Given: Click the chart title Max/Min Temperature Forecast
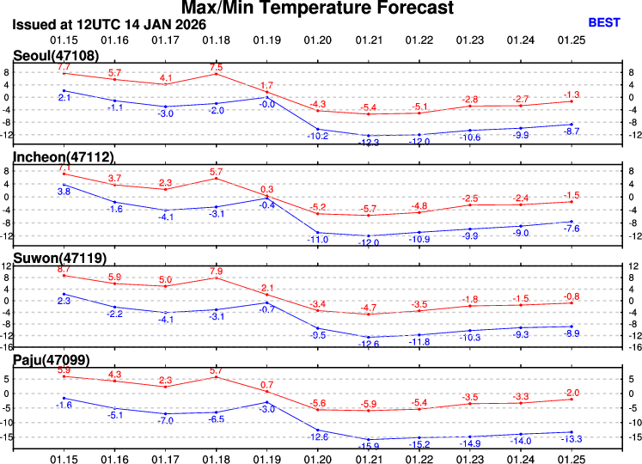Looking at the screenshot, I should coord(321,9).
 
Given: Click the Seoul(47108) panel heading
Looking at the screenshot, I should coord(55,56).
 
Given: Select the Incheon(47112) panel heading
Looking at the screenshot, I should coord(63,156).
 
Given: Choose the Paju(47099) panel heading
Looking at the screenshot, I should coord(51,357).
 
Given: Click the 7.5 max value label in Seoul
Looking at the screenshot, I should coord(216,67).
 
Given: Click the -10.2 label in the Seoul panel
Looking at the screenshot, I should coord(318,136).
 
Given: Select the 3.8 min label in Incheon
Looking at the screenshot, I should coord(64,192).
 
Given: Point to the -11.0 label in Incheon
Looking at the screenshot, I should coord(318,240).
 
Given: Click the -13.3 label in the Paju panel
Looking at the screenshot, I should coord(571,439).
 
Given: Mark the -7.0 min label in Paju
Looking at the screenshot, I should coord(166,421).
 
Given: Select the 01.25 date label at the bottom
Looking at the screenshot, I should coord(571,456).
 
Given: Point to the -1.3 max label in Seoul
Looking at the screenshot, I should coord(571,95).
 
